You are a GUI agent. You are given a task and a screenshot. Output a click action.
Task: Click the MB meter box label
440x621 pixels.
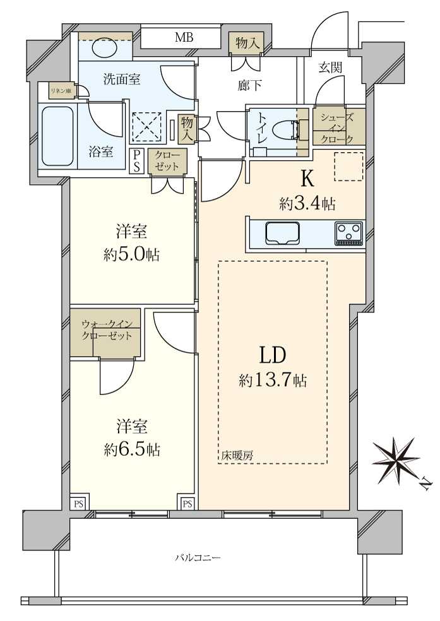point(184,38)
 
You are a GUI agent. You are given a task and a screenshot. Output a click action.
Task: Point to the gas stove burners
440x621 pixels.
point(349,233)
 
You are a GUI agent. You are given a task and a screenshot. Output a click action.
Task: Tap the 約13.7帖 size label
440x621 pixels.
point(273,381)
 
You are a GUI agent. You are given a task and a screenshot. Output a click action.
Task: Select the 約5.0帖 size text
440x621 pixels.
point(131,255)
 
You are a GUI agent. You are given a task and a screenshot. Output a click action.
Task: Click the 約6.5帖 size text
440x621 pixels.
point(131,449)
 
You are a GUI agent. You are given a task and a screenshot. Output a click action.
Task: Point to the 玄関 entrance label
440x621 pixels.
point(330,68)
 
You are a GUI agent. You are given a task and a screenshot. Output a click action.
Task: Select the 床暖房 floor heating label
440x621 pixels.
point(237,454)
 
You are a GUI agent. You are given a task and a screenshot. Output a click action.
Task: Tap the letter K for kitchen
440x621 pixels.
point(307,180)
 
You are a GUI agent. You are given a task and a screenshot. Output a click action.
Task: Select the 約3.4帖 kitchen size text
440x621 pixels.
point(307,203)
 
